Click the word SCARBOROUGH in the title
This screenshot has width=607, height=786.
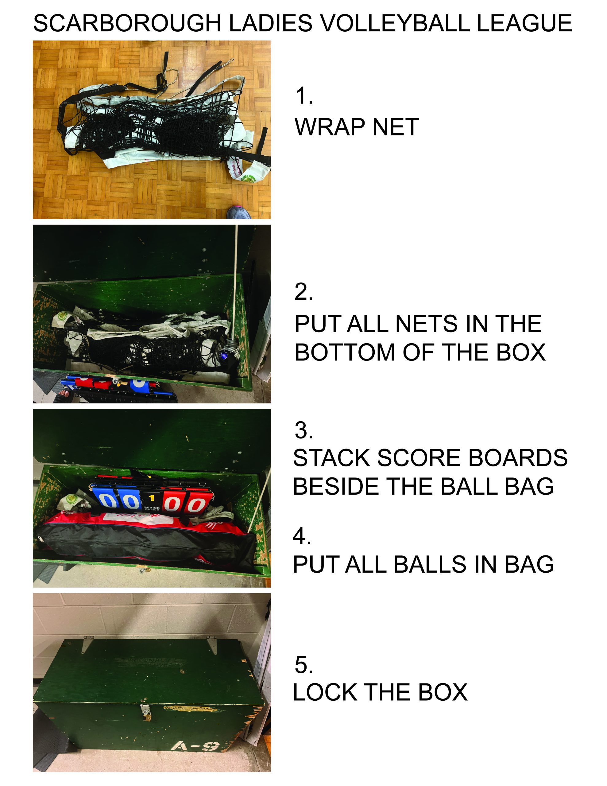(x=127, y=23)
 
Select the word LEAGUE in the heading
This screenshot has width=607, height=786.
(x=524, y=23)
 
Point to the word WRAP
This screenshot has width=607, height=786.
(x=330, y=127)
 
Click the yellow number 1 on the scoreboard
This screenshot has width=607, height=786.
(x=152, y=498)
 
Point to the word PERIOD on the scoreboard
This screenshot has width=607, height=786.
(x=152, y=508)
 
